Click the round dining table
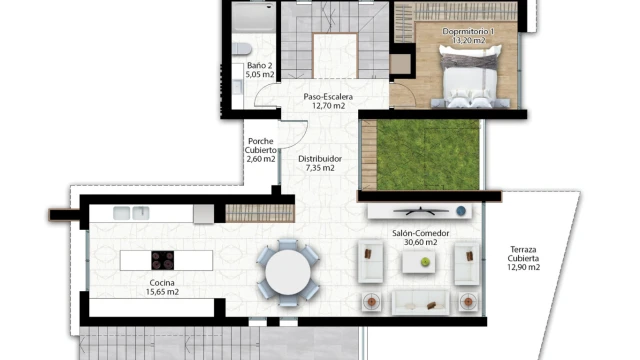coord(288,272)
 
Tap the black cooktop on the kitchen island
coord(162,260)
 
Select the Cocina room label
coord(162,282)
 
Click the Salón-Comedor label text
coord(420,233)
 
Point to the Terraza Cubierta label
coord(523,253)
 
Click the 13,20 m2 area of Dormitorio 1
coord(469,40)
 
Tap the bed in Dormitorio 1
coord(470,77)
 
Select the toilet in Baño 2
coord(242,49)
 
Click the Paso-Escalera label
coord(328,97)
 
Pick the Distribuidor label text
coord(320,159)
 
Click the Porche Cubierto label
coord(261,145)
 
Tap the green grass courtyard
coord(427,154)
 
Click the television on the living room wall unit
coord(421,211)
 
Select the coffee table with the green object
coord(418,262)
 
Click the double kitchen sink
coord(131,213)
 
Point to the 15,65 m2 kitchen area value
coord(162,292)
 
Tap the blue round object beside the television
coord(461,211)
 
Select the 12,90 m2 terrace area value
coord(524,267)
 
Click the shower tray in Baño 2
coord(253,17)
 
